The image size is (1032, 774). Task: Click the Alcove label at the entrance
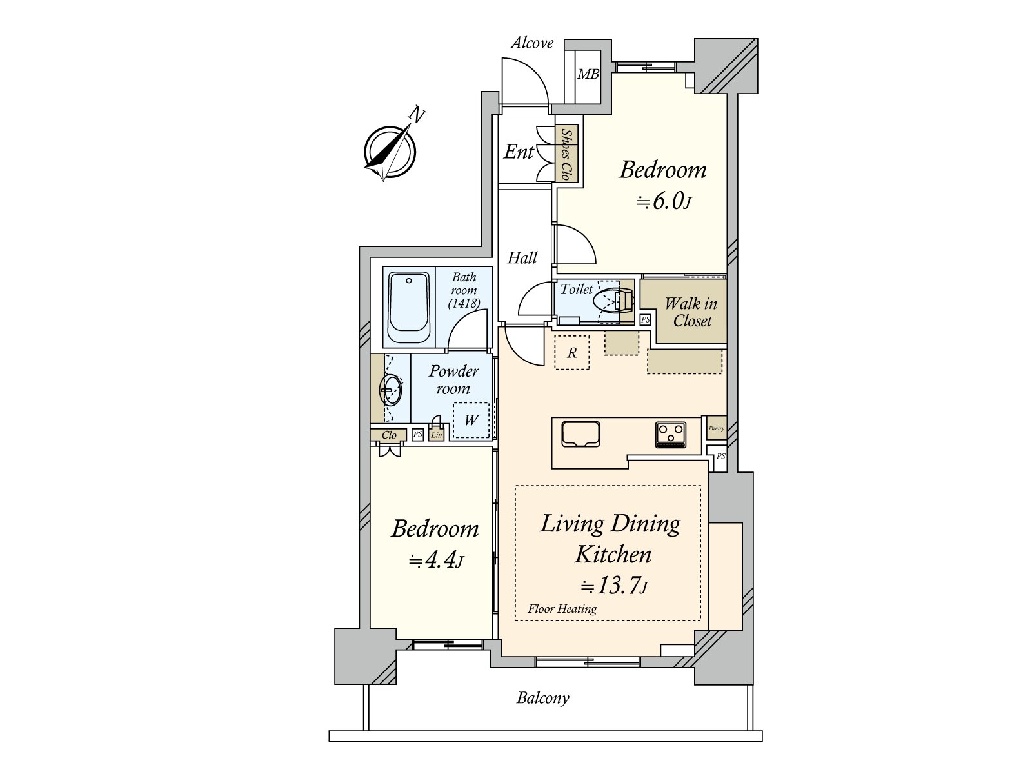[x=531, y=43]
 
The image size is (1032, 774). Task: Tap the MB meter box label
[x=588, y=74]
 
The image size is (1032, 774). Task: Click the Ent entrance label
[x=519, y=152]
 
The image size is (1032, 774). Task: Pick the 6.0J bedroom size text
[x=664, y=202]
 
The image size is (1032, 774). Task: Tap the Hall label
[x=522, y=257]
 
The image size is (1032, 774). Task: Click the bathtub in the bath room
[x=408, y=308]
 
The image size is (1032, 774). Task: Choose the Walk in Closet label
[x=691, y=312]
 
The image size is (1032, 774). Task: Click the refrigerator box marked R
[x=571, y=352]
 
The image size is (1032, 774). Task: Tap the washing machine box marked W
[x=471, y=420]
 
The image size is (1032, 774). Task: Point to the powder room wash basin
[x=391, y=390]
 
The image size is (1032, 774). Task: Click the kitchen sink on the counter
[x=580, y=433]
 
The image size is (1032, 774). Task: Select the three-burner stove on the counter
[x=670, y=435]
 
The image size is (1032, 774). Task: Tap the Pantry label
[x=717, y=428]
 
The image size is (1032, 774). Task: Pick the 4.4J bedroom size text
[x=436, y=560]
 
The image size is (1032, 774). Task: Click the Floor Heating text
[x=562, y=609]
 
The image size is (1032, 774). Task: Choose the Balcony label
[x=543, y=699]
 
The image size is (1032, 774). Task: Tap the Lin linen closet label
[x=436, y=435]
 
